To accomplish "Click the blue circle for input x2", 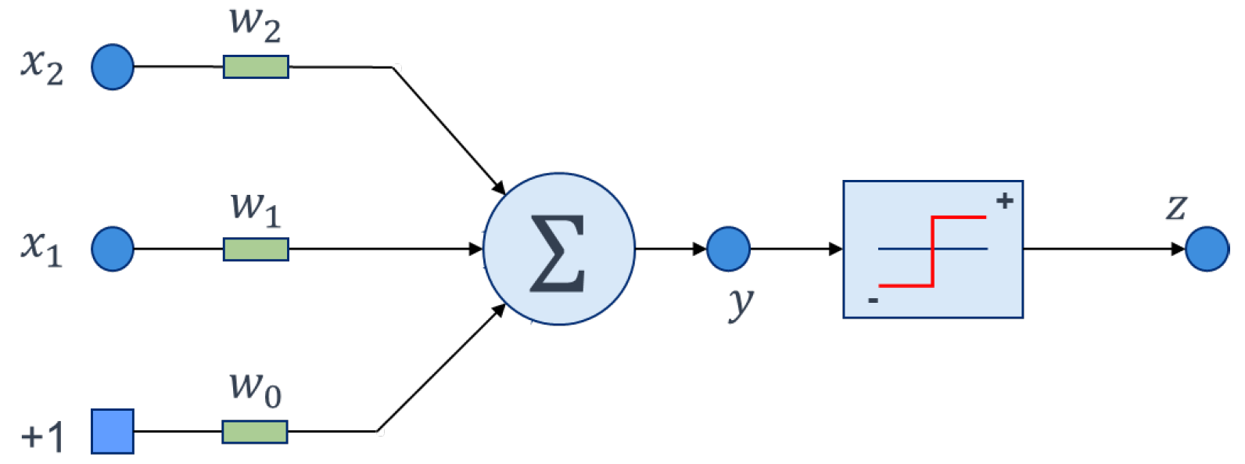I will click(x=113, y=67).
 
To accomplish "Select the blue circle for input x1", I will click(x=113, y=249).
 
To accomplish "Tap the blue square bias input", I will click(x=113, y=431).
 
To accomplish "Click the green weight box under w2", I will click(x=256, y=67).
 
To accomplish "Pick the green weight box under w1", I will click(x=256, y=250).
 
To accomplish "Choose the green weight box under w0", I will click(x=255, y=432).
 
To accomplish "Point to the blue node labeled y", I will click(x=728, y=249).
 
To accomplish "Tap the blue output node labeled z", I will click(x=1207, y=249).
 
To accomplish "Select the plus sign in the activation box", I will click(x=1005, y=201).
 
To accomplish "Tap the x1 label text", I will click(x=41, y=248).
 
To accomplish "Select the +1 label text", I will click(x=42, y=436).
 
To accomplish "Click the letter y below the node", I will click(x=740, y=304).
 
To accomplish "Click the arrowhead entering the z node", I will click(x=1178, y=249).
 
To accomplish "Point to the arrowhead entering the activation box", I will click(x=836, y=249).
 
